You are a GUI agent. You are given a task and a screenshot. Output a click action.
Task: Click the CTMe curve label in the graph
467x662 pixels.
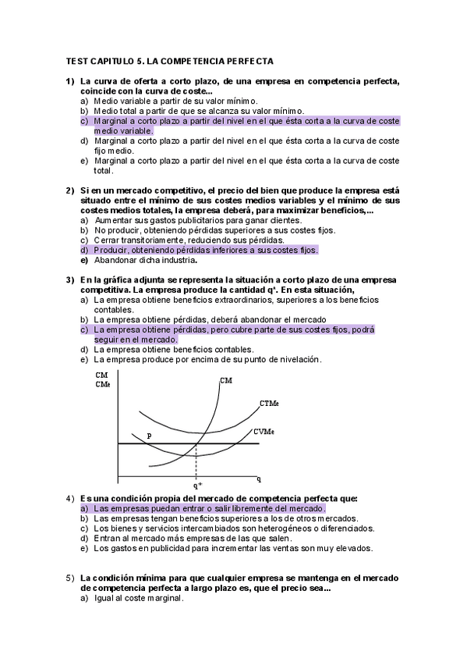269,404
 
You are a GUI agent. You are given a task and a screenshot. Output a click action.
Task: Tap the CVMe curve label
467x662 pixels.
263,432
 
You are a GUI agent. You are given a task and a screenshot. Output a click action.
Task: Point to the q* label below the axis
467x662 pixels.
198,485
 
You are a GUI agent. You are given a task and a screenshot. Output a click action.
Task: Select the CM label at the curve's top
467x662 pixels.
226,380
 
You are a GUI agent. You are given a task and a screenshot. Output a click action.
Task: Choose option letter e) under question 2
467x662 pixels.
83,260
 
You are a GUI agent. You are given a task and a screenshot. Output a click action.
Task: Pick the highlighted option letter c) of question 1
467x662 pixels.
83,121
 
